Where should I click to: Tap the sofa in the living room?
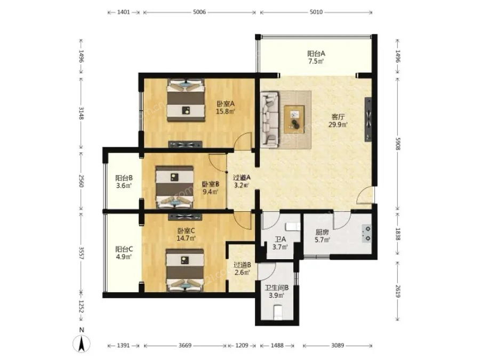pos(270,119)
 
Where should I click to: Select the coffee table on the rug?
pos(294,119)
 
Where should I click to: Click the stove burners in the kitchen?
pos(367,234)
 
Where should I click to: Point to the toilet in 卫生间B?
pos(278,311)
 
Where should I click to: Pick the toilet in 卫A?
pos(293,227)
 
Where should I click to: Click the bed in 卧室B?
pos(175,187)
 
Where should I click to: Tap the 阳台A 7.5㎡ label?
pos(316,57)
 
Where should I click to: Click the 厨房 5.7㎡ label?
pos(322,236)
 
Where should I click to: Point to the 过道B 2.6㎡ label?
pos(243,268)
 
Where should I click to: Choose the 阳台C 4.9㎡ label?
pos(124,253)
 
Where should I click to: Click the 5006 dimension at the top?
pos(199,12)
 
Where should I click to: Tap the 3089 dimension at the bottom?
pos(338,345)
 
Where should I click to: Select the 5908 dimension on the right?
pos(398,143)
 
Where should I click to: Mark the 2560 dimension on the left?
pos(81,181)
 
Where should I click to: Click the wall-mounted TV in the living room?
pos(368,119)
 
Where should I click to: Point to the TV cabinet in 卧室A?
pos(185,145)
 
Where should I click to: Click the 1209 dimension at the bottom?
pos(242,345)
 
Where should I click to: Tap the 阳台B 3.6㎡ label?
pos(124,181)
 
